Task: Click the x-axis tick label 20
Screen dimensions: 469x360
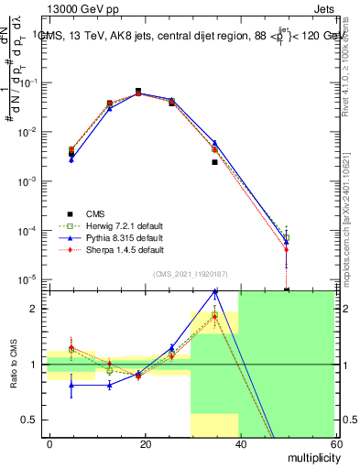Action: tap(145, 443)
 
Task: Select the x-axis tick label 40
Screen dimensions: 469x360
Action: tap(240, 443)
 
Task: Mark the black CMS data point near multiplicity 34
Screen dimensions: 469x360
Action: tap(214, 162)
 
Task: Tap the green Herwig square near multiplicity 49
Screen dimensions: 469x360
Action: tap(286, 237)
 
